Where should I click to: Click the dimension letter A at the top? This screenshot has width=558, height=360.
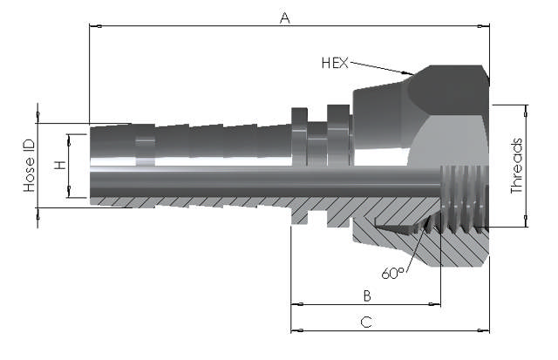283,17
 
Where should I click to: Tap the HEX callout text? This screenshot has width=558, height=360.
335,63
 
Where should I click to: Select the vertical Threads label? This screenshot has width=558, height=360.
516,166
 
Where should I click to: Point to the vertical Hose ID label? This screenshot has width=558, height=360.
29,166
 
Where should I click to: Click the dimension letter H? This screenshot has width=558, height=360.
59,165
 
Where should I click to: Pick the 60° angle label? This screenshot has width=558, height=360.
393,274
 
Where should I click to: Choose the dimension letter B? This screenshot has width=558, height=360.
367,295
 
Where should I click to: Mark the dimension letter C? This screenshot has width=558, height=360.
367,322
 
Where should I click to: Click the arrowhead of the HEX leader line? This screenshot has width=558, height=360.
408,73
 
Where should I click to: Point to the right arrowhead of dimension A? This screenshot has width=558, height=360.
485,26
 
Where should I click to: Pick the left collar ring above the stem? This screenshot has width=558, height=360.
299,135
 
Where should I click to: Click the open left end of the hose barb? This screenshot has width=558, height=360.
92,166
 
